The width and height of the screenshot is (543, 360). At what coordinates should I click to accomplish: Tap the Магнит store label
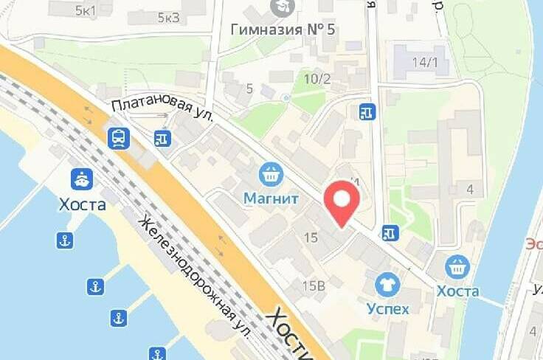click(x=271, y=199)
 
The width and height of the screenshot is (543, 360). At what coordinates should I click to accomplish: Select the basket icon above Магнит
click(x=271, y=175)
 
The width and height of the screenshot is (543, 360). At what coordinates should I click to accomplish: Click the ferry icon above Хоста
click(x=82, y=179)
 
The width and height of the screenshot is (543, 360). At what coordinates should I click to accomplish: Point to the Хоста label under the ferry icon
click(x=83, y=204)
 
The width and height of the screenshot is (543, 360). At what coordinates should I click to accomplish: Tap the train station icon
click(x=118, y=138)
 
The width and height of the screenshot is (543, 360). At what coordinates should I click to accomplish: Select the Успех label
click(x=387, y=308)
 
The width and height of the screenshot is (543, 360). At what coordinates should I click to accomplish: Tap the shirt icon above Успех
click(x=385, y=284)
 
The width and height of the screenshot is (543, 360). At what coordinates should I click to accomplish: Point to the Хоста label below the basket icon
click(x=457, y=291)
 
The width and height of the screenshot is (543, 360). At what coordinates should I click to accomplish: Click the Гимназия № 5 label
click(x=283, y=30)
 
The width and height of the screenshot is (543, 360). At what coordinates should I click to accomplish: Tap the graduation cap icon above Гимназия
click(x=282, y=8)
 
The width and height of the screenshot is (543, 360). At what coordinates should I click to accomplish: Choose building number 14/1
click(x=425, y=62)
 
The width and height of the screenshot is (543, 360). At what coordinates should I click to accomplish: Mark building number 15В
click(x=313, y=285)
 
